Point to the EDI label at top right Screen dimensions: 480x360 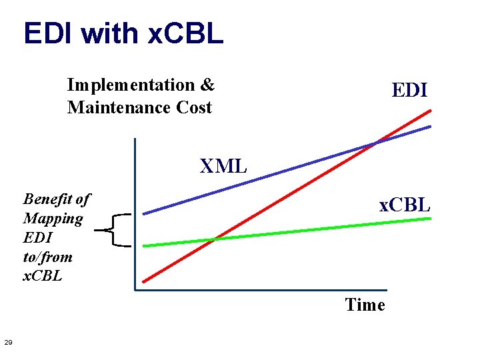coord(409,90)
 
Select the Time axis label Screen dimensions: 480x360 coord(365,305)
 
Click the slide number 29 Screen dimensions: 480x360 coord(8,343)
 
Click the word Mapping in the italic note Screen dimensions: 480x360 coord(53,218)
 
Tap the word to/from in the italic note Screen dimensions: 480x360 coord(48,257)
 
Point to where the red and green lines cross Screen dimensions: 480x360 coord(213,239)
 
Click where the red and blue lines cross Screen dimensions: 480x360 coord(377,141)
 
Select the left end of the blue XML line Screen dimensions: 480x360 coord(144,213)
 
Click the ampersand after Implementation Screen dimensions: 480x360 coord(207,85)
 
